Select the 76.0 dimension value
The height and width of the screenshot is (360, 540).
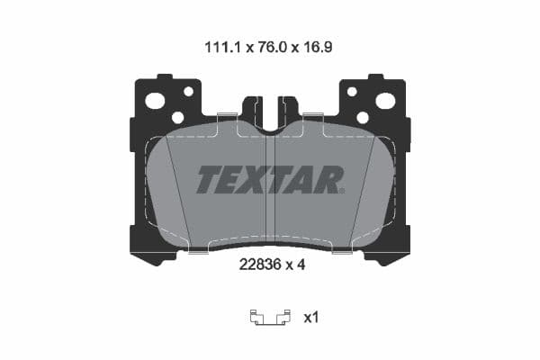click(x=269, y=41)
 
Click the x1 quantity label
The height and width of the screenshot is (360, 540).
click(x=310, y=317)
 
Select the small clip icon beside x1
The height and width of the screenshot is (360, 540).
click(x=269, y=317)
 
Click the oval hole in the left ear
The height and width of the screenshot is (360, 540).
click(x=155, y=101)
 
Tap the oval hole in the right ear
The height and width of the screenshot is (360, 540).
click(x=385, y=101)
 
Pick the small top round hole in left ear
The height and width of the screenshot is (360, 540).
click(x=188, y=91)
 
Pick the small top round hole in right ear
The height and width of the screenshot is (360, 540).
click(x=352, y=91)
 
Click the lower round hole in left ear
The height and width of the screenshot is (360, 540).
click(x=177, y=117)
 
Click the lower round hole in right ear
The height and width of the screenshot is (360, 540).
click(x=363, y=117)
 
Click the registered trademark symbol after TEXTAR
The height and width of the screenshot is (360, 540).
click(x=342, y=190)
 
